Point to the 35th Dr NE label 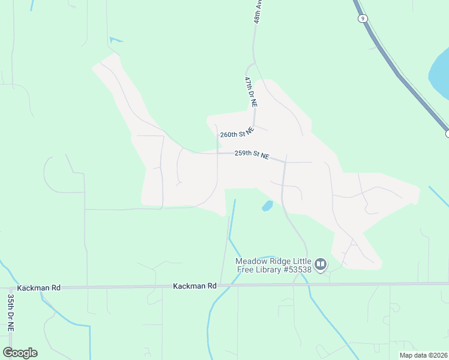coord(11,313)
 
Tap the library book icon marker coord(321,265)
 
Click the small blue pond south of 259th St coord(267,206)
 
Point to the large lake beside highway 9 coord(439,75)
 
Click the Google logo coord(20,353)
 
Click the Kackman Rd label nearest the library coord(194,286)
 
